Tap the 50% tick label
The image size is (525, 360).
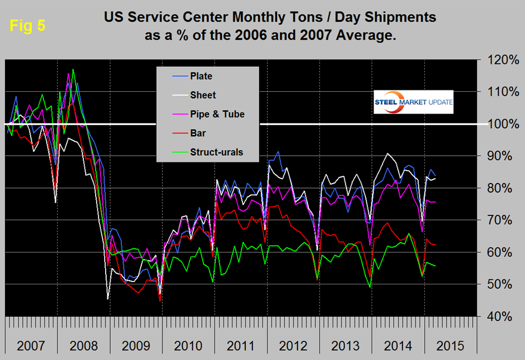pyautogui.click(x=499, y=284)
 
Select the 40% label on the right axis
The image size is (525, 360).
pyautogui.click(x=499, y=317)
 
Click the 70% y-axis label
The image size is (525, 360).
pyautogui.click(x=499, y=220)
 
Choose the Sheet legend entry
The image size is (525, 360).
pyautogui.click(x=202, y=95)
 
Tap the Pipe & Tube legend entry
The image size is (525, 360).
pyautogui.click(x=217, y=114)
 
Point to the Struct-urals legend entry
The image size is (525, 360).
pyautogui.click(x=216, y=152)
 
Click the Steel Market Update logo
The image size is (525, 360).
pyautogui.click(x=414, y=102)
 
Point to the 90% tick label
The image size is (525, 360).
pyautogui.click(x=499, y=156)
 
